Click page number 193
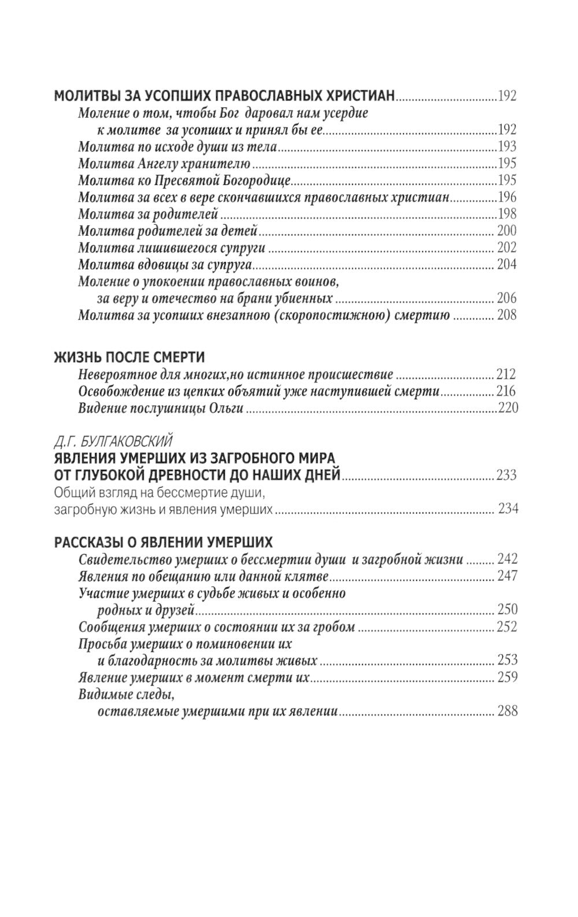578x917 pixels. point(507,147)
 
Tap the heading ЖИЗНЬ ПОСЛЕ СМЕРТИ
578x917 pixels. point(129,356)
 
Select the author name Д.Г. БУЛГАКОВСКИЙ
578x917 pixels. point(113,443)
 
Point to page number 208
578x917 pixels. point(507,315)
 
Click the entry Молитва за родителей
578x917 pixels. point(147,214)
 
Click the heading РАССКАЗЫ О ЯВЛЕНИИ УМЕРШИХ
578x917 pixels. point(163,543)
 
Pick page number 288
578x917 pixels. point(507,711)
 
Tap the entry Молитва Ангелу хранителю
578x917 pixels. point(164,164)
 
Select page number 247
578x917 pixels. point(507,576)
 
